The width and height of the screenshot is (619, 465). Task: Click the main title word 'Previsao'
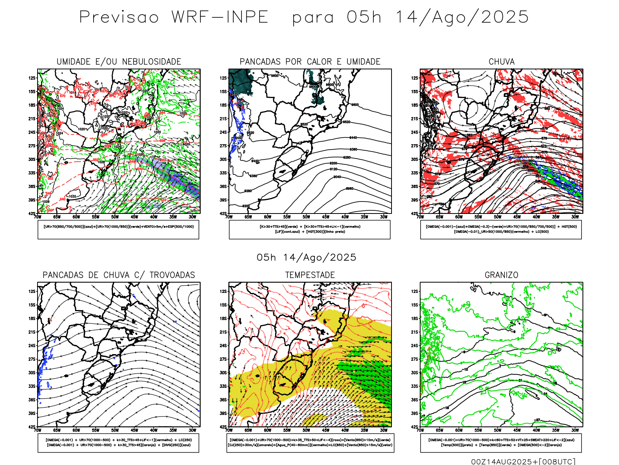click(119, 17)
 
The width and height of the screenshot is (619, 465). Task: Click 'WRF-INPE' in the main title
click(220, 17)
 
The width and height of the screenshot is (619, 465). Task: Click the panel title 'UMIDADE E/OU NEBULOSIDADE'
click(119, 62)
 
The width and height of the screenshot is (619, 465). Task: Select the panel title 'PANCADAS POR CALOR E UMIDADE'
click(310, 62)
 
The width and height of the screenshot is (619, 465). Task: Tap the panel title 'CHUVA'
click(501, 62)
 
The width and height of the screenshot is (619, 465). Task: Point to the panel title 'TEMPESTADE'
click(310, 275)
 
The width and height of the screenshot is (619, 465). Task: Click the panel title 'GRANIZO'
click(501, 275)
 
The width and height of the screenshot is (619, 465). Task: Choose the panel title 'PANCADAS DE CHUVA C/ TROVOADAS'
click(119, 275)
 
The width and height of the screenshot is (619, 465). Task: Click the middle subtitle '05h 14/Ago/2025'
click(306, 258)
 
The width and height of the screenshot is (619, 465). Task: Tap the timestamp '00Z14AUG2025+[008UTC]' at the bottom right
click(523, 462)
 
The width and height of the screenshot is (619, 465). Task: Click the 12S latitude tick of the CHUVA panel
click(414, 78)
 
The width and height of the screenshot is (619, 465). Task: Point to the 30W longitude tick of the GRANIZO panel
click(575, 430)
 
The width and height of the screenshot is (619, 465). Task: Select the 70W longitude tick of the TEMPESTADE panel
click(229, 430)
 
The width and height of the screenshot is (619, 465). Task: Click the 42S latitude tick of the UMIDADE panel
click(31, 214)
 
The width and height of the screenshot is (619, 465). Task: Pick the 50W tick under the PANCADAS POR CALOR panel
click(306, 217)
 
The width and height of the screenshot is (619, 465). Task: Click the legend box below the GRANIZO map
click(501, 443)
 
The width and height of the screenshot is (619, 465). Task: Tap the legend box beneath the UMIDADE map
click(118, 229)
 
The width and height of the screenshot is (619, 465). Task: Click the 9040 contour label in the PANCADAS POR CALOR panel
click(337, 177)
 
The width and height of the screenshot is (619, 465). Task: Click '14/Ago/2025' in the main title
click(462, 17)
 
